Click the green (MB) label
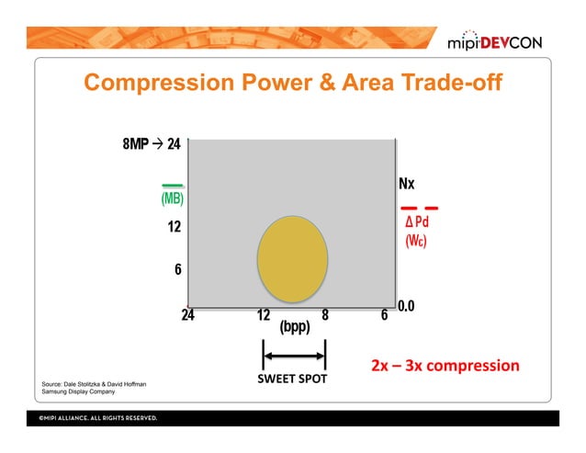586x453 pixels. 172,199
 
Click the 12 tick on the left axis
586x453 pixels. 173,227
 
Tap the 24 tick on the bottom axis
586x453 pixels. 188,315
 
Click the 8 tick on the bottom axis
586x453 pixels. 325,315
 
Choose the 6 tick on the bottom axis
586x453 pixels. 384,315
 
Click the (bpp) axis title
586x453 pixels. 295,328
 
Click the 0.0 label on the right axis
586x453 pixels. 407,306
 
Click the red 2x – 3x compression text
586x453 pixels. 445,366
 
